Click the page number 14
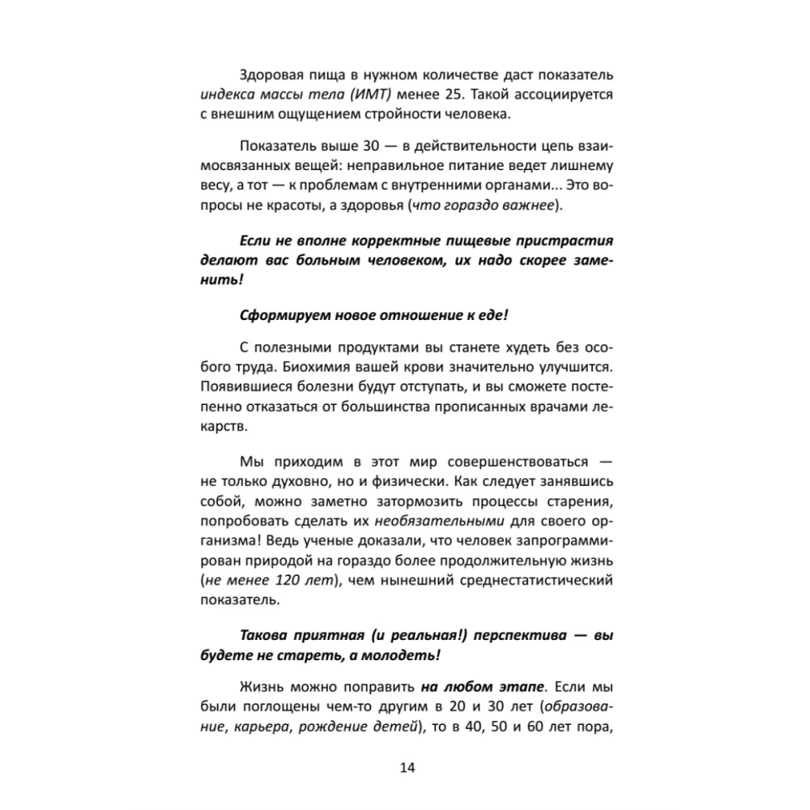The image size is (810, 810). (406, 768)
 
